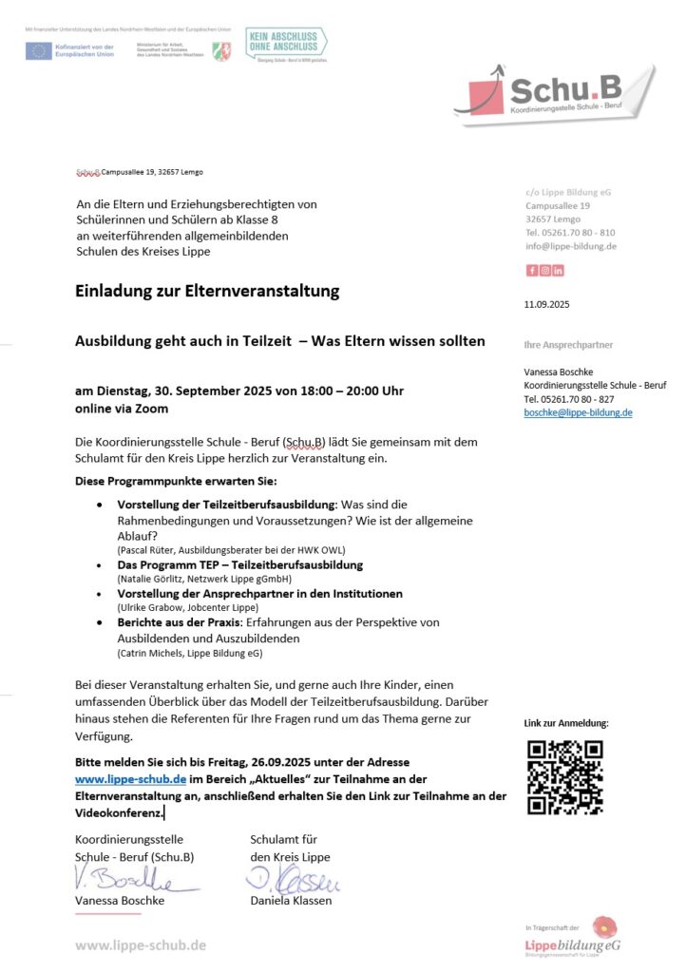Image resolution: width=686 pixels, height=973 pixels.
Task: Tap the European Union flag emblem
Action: point(39,50)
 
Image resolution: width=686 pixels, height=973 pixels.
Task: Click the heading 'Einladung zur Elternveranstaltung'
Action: point(207,292)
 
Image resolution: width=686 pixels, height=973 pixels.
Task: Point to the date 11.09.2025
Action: point(546,304)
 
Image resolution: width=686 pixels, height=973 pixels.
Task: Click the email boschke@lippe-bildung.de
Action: point(578,412)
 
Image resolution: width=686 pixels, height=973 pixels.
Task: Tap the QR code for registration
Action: point(564,777)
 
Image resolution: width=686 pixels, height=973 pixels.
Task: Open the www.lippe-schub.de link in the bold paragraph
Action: point(130,779)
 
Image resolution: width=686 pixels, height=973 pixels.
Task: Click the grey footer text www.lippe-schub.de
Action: point(141,944)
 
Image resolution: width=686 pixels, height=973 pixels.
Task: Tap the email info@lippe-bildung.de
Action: point(571,246)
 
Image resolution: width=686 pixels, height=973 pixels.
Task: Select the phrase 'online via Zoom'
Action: point(122,409)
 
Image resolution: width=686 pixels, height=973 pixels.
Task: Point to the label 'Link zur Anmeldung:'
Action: point(566,723)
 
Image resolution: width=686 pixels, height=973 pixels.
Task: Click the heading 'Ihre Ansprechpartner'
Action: point(568,345)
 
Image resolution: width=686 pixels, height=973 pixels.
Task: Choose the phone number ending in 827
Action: point(569,399)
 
